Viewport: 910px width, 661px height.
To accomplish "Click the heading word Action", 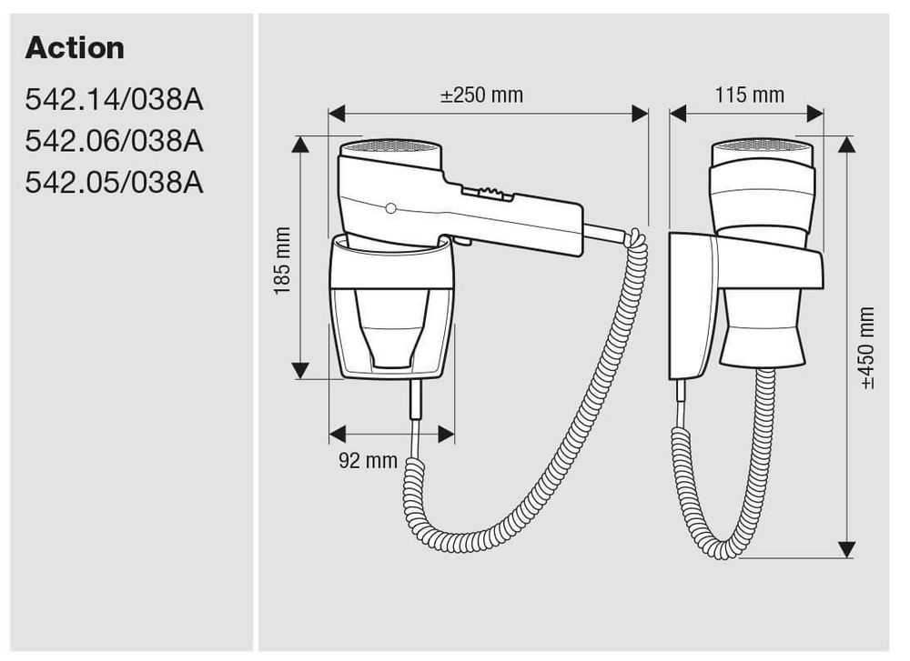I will [75, 48].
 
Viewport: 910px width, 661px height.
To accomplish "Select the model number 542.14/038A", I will [115, 99].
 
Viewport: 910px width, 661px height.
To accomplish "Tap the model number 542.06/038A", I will [115, 141].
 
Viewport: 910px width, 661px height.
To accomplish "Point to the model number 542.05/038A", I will [115, 183].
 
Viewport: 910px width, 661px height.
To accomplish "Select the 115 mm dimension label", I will [749, 95].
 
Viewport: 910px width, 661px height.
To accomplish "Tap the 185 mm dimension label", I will [282, 260].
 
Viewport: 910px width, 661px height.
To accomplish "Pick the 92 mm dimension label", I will [368, 460].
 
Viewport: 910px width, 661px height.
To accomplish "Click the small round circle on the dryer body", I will [390, 209].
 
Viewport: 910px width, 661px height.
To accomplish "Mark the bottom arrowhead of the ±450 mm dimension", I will [847, 549].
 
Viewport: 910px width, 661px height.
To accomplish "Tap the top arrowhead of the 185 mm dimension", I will [301, 145].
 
